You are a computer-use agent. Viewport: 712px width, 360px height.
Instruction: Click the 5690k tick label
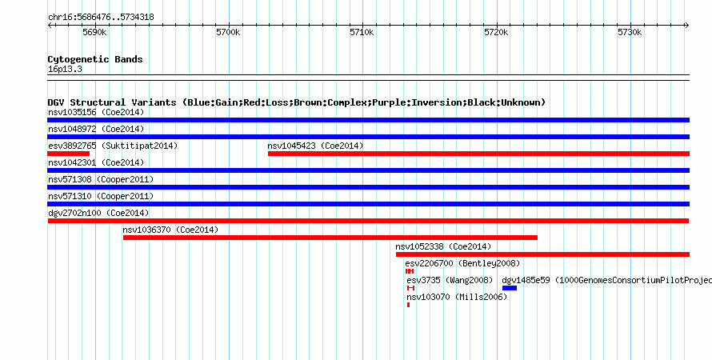tap(94, 33)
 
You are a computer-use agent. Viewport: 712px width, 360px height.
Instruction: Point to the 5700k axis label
tap(228, 33)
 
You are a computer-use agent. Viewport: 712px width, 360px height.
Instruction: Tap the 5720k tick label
tap(496, 33)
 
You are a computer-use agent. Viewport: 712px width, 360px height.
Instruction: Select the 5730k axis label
tap(630, 33)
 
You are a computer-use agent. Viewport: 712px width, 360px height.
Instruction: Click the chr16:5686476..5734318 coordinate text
tap(101, 18)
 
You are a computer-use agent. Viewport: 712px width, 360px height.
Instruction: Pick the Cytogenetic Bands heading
tap(95, 59)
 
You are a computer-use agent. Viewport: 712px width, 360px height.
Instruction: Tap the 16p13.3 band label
tap(65, 70)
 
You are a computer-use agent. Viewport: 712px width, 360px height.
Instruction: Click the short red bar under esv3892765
tap(68, 154)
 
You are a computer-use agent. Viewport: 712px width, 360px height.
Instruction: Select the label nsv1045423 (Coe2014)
tap(315, 146)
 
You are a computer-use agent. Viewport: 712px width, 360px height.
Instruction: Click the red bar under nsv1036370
tap(330, 238)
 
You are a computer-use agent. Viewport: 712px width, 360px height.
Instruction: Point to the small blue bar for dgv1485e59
tap(510, 288)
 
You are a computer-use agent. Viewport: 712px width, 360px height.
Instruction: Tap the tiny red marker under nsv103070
tap(409, 305)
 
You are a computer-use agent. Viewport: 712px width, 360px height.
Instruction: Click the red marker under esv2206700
tap(410, 271)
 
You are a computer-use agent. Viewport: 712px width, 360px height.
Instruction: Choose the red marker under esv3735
tap(411, 288)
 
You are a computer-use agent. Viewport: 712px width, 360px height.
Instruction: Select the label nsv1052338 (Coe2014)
tap(443, 246)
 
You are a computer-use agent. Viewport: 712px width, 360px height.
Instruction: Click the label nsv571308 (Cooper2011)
tap(101, 179)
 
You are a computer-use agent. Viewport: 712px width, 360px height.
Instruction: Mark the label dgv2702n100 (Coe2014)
tap(98, 213)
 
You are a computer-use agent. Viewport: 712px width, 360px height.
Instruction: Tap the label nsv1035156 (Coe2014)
tap(96, 112)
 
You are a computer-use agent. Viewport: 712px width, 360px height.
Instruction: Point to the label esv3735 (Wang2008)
tap(450, 280)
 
